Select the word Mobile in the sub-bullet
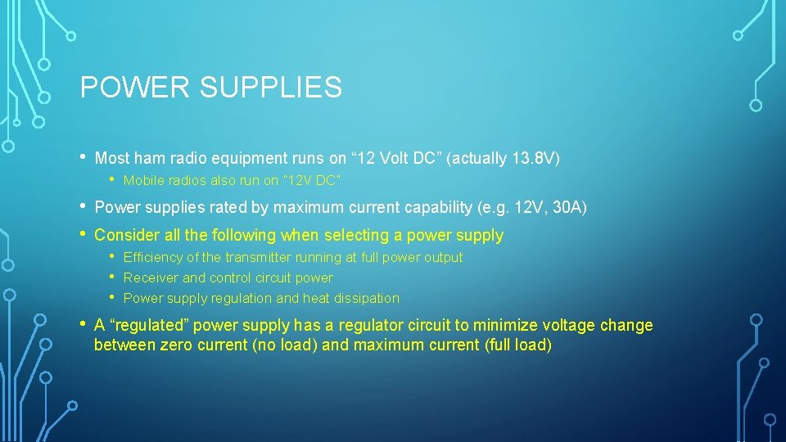click(143, 180)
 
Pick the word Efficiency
click(153, 257)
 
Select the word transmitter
click(248, 257)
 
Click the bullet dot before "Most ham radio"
click(84, 157)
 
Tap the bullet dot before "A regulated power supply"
click(84, 324)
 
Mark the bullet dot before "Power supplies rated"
click(84, 207)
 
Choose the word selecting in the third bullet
click(356, 235)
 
